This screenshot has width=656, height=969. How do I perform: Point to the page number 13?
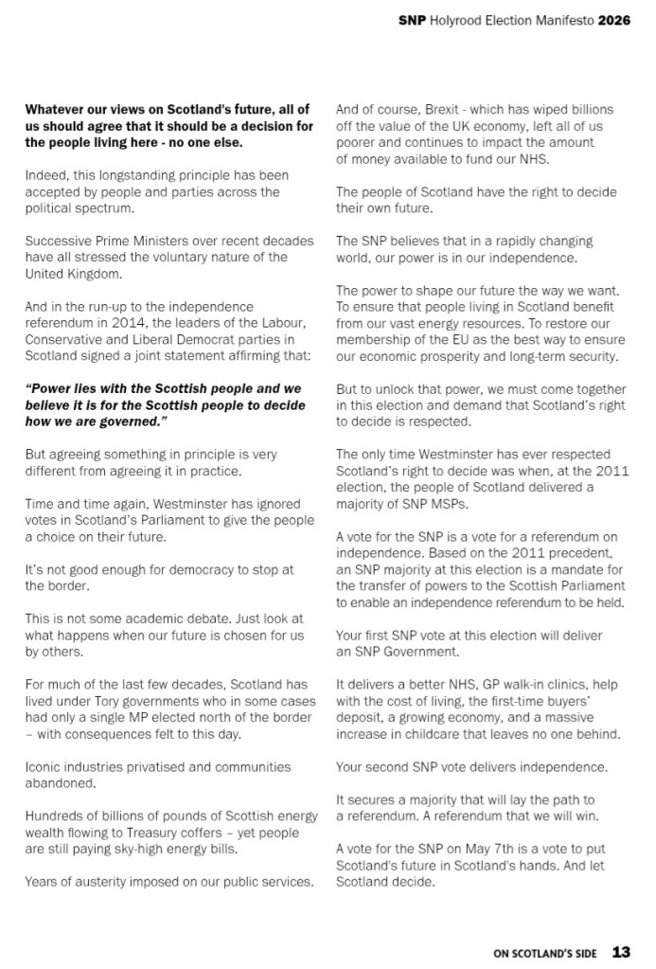click(621, 951)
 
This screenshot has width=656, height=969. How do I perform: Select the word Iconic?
click(44, 766)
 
